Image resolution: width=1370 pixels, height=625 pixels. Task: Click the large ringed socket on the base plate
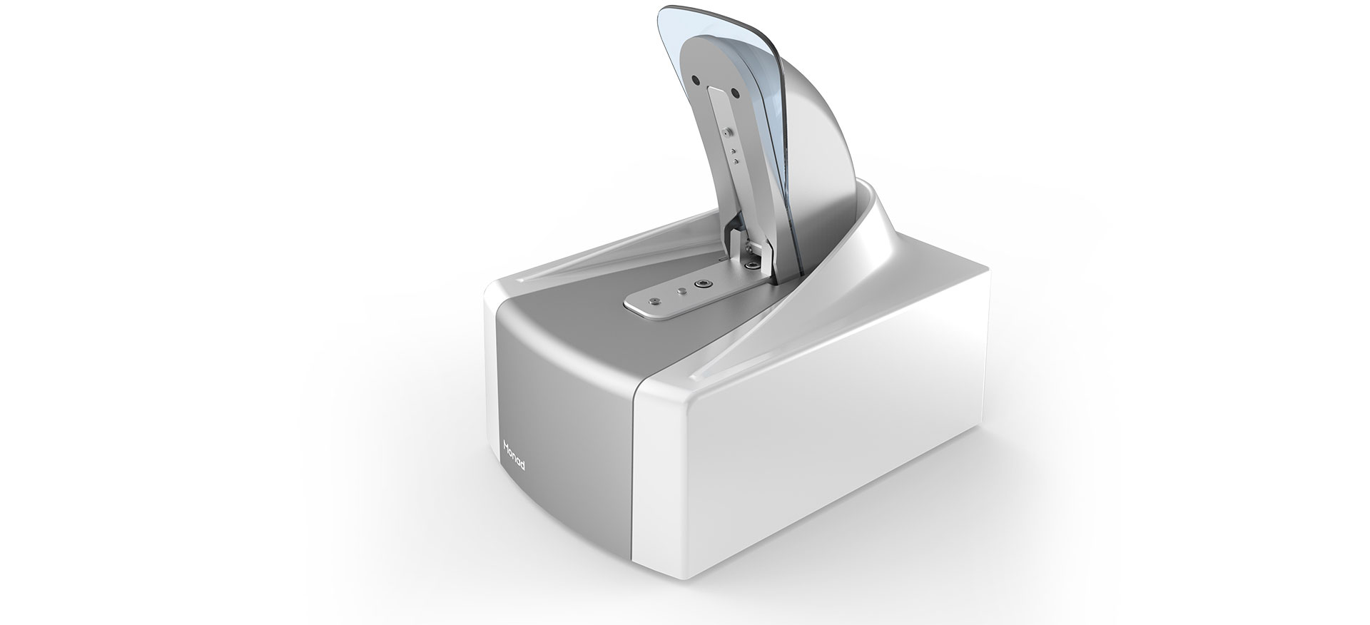tap(706, 283)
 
